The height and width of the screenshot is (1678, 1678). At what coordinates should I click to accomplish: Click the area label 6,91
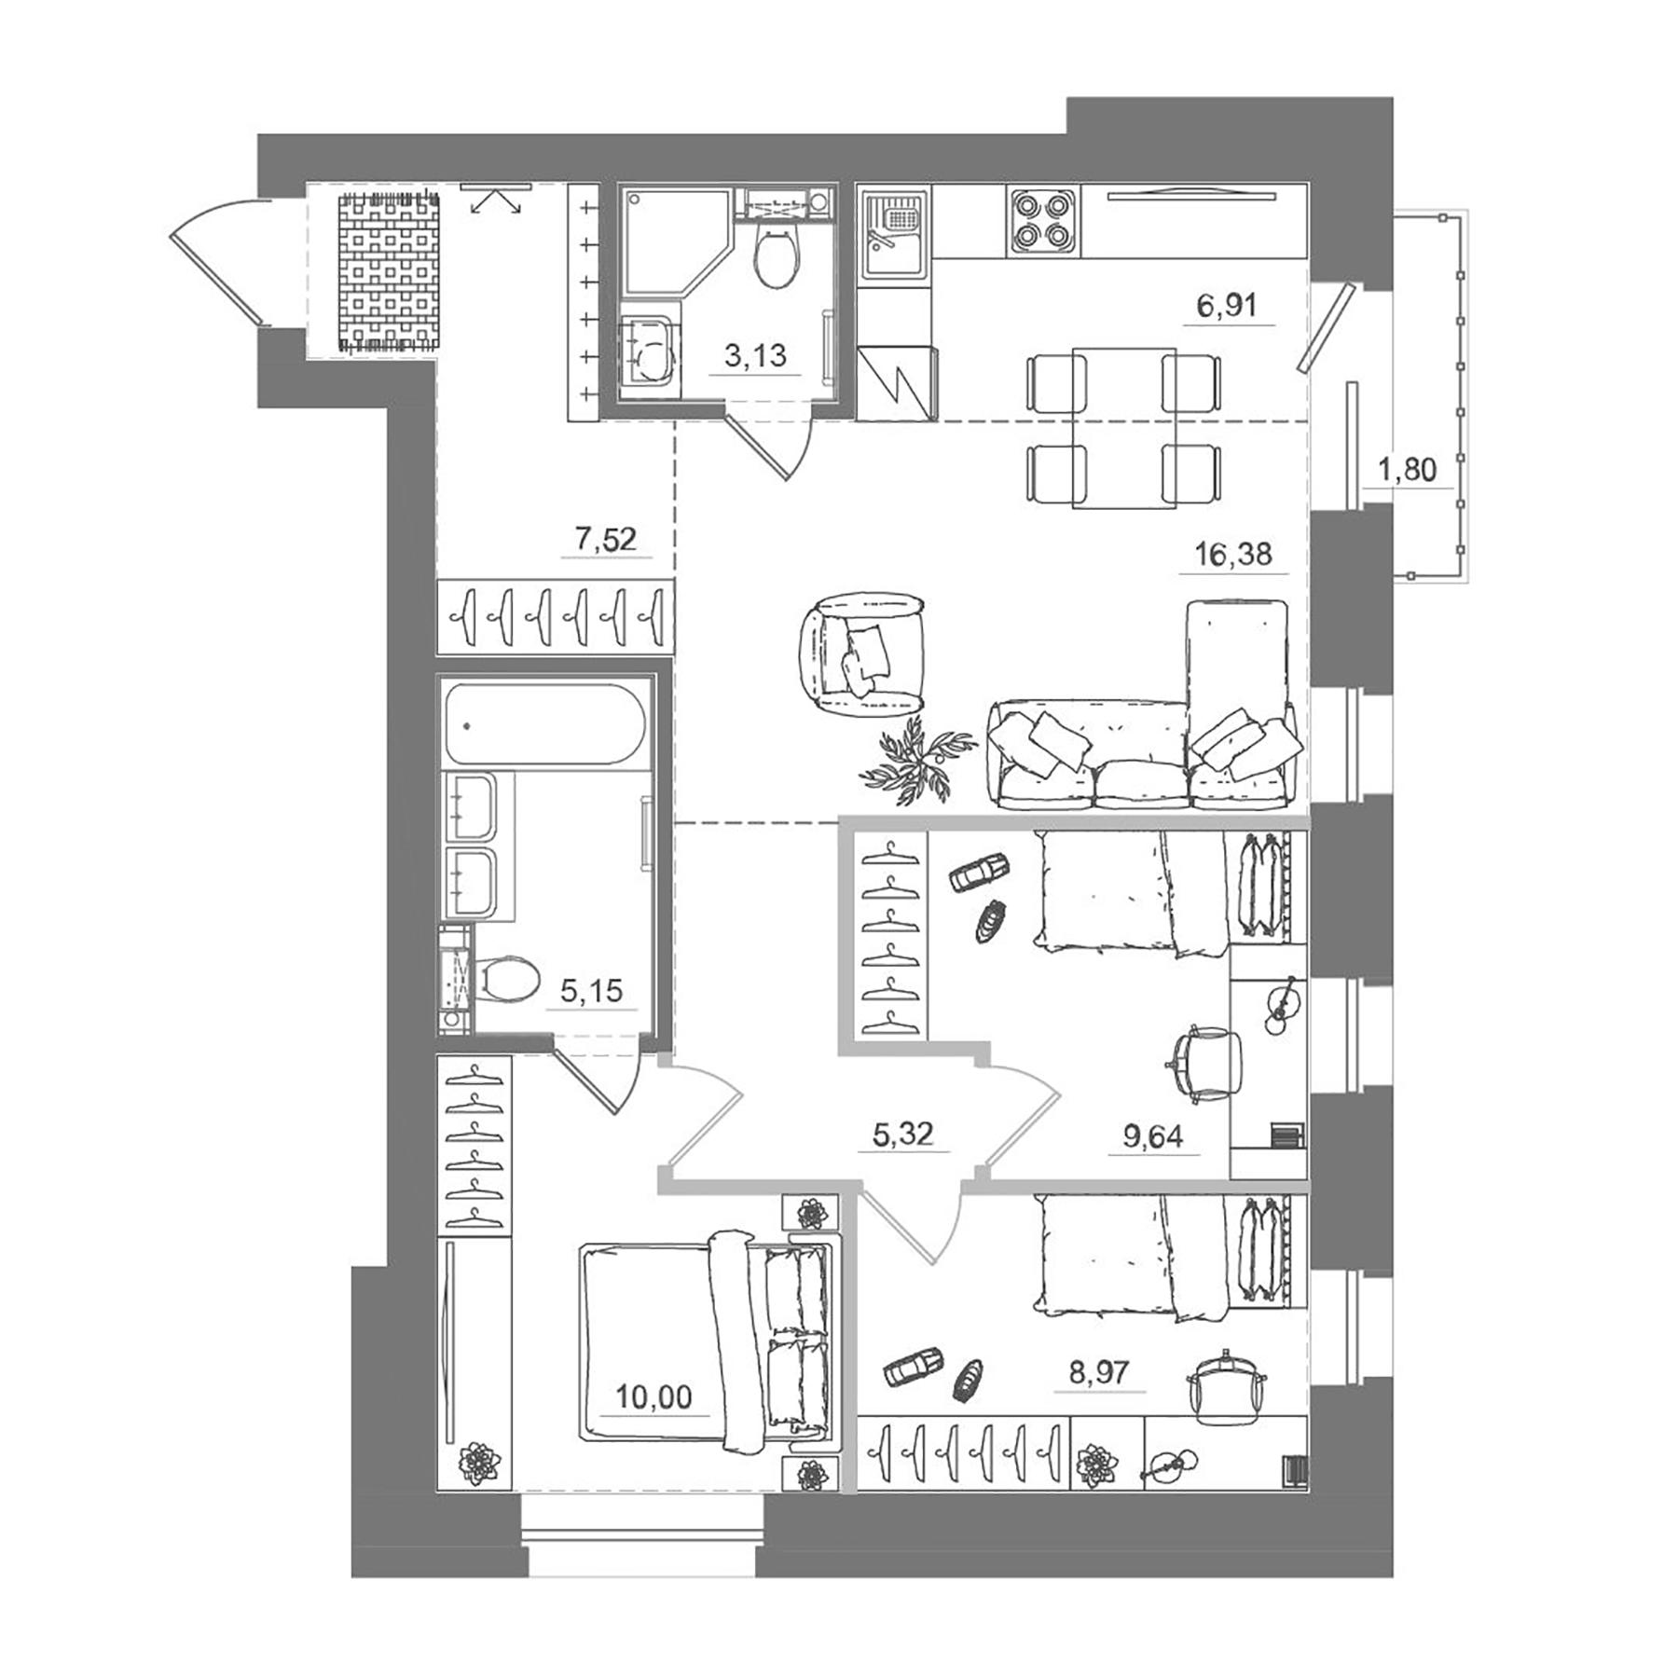[1227, 306]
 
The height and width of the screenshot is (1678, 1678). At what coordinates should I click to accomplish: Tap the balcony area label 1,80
[1407, 470]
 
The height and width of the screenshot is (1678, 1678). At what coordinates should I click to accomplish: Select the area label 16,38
[1232, 555]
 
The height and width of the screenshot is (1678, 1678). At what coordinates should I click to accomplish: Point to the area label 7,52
[606, 539]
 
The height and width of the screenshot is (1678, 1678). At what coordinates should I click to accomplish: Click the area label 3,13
[755, 355]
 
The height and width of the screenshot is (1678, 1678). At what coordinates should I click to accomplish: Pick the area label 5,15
[591, 990]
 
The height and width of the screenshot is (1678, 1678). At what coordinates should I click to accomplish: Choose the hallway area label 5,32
[902, 1135]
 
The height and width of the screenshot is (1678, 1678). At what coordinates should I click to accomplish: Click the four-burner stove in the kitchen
[1042, 221]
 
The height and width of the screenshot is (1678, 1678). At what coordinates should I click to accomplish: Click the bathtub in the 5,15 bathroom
[544, 725]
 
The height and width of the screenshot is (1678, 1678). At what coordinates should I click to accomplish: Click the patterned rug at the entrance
[389, 271]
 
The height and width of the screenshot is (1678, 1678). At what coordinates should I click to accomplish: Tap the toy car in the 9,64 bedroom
[978, 871]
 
